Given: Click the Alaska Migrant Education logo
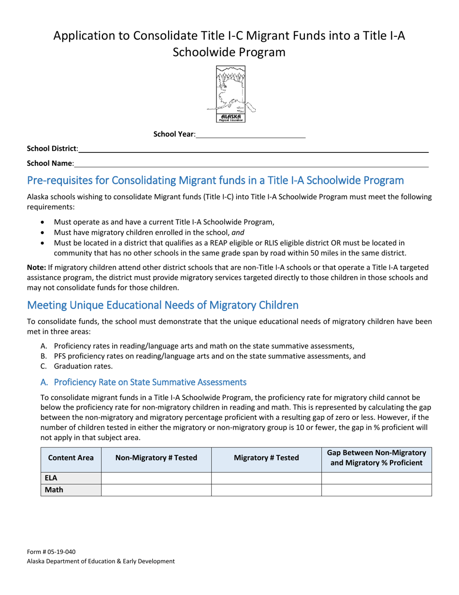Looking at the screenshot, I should click(x=230, y=94).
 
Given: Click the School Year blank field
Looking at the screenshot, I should click(x=251, y=134).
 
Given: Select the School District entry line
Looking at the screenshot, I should click(x=253, y=149).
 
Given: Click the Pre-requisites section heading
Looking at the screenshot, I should click(x=215, y=180).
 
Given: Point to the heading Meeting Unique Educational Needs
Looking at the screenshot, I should click(x=162, y=305).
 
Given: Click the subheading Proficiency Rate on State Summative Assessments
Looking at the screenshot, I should click(x=143, y=382).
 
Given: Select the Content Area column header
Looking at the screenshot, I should click(x=71, y=458).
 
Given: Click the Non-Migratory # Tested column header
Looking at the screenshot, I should click(x=156, y=458).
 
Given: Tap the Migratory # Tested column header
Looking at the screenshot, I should click(x=266, y=458).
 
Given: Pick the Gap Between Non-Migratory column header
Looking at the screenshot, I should click(x=376, y=458).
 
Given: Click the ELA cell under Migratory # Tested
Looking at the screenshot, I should click(x=266, y=478).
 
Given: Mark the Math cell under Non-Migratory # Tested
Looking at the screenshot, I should click(x=156, y=490).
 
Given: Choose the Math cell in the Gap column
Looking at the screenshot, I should click(x=376, y=490).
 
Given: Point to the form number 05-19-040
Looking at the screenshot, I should click(x=51, y=552).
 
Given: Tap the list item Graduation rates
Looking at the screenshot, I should click(x=83, y=366).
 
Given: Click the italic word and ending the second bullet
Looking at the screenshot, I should click(x=238, y=232).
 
